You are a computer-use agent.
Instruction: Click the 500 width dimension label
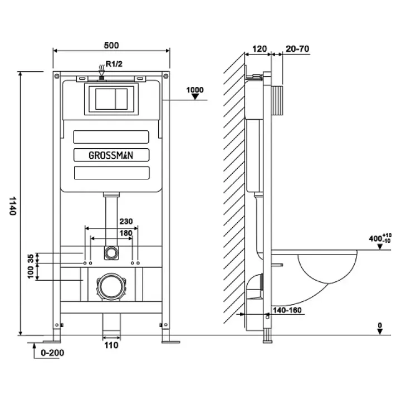pos(111,45)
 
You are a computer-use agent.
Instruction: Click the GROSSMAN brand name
pos(111,155)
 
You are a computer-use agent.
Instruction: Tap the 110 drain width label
pos(111,345)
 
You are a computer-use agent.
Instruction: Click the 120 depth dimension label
pos(259,48)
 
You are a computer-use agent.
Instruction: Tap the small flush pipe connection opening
pos(111,252)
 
